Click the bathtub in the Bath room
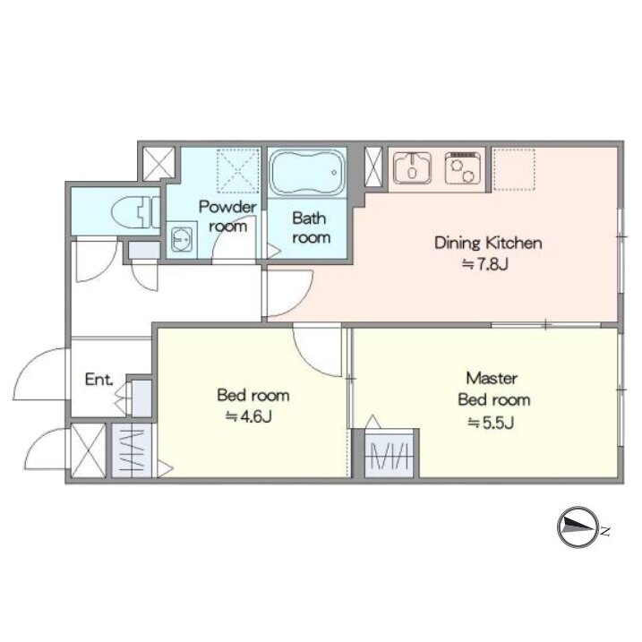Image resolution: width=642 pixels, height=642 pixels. pyautogui.click(x=307, y=173)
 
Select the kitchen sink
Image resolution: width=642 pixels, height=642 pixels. pyautogui.click(x=412, y=168)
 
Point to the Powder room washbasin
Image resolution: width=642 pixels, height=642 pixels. pyautogui.click(x=181, y=239)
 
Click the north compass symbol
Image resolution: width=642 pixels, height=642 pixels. pyautogui.click(x=578, y=527)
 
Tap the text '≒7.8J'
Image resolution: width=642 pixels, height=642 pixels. pyautogui.click(x=484, y=264)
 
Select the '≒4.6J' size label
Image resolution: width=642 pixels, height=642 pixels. pyautogui.click(x=249, y=417)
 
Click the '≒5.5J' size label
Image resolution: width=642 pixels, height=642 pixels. pyautogui.click(x=491, y=422)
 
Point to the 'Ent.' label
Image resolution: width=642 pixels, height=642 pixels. pyautogui.click(x=99, y=380)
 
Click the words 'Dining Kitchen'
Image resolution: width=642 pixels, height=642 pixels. pyautogui.click(x=488, y=244)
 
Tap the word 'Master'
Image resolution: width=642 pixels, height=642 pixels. pyautogui.click(x=492, y=378)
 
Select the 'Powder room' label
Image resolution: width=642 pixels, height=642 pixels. pyautogui.click(x=227, y=216)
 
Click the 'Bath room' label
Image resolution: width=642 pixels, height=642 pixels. pyautogui.click(x=311, y=227)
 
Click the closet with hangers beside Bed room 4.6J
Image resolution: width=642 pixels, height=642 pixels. pyautogui.click(x=133, y=450)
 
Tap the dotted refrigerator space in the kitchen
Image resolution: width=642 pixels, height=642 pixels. pyautogui.click(x=513, y=169)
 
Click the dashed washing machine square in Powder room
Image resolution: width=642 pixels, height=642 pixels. pyautogui.click(x=239, y=171)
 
